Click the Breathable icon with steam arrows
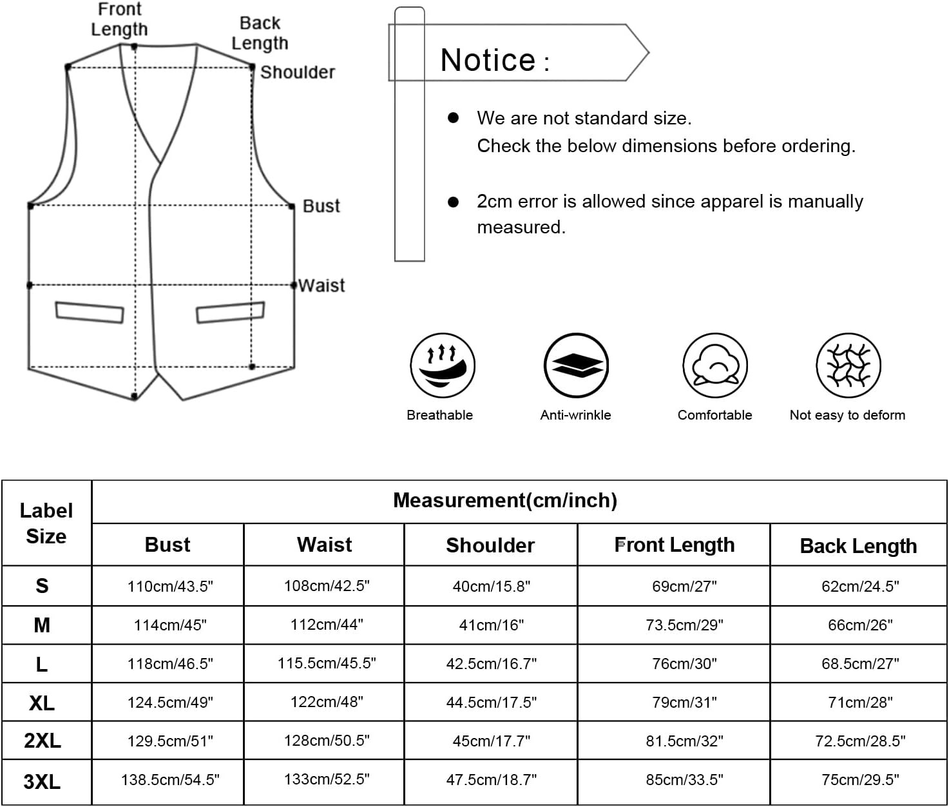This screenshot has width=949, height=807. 443,365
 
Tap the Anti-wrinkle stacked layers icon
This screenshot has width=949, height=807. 576,365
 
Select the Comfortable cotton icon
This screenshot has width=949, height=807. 715,365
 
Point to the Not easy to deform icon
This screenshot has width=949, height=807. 848,365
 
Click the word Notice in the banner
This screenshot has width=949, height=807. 488,60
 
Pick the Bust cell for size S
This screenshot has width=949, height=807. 170,587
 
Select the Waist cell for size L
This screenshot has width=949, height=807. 327,663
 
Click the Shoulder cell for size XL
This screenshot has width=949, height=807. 492,703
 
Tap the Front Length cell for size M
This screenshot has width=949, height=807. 684,625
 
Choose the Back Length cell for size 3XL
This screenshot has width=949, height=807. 860,780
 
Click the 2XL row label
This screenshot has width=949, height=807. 43,741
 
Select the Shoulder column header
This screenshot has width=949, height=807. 490,545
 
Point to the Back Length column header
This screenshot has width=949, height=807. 858,546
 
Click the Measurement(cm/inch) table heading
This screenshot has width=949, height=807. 505,500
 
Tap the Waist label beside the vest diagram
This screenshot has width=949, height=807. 321,286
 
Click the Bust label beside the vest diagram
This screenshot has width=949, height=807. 321,206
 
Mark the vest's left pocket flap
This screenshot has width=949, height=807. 90,313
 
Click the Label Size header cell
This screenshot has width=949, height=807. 46,523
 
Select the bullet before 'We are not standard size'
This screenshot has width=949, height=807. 453,118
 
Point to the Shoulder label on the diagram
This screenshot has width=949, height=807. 298,73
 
